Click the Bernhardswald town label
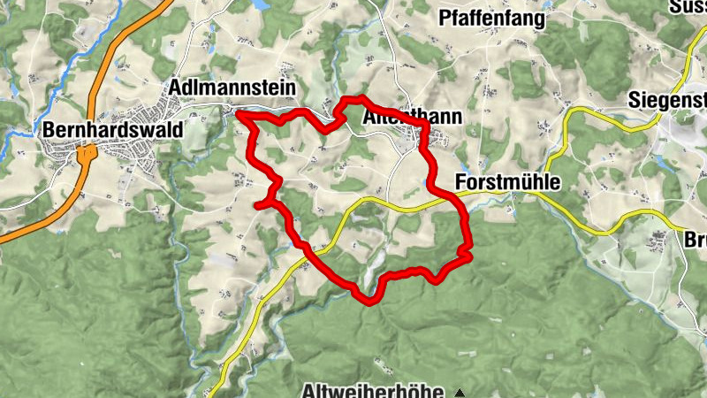(x=111, y=129)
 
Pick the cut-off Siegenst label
(x=667, y=99)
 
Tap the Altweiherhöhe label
(x=376, y=390)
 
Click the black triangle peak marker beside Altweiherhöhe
(x=460, y=391)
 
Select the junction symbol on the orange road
(x=87, y=156)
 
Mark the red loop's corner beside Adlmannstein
(x=239, y=112)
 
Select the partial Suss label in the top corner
(x=688, y=7)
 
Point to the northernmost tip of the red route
(x=357, y=98)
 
